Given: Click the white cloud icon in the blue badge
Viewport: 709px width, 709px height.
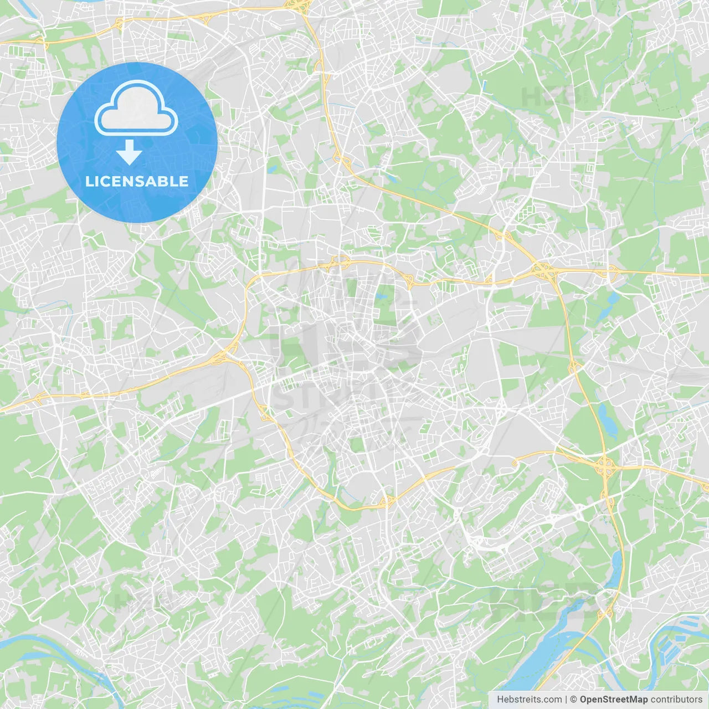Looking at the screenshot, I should [136, 109].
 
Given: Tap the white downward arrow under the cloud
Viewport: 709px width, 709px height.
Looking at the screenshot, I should [129, 152].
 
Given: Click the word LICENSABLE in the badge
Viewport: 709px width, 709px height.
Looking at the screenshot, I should [137, 181].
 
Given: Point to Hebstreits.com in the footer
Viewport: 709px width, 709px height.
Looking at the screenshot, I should [529, 700].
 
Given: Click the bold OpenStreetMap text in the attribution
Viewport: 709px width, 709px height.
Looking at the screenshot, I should [614, 700].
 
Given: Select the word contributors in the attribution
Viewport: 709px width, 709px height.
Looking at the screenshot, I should [676, 700].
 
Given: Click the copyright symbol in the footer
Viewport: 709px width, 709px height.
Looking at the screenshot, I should [573, 700].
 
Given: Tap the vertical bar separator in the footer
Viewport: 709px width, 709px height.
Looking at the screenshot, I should [566, 700].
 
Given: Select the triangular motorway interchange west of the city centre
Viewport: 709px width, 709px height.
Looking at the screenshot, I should [228, 353].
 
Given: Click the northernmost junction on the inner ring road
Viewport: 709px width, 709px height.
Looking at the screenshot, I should [338, 260].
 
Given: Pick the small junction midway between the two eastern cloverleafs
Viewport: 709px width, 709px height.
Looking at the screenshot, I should [574, 366].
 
